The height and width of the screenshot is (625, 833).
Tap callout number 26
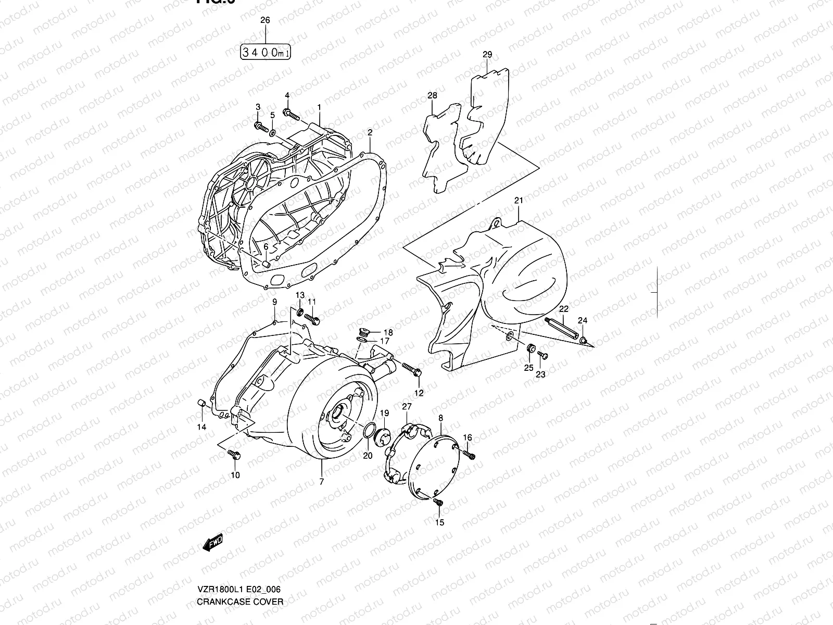(265, 21)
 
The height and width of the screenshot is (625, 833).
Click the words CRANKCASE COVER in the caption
(240, 602)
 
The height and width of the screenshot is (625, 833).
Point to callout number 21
(519, 201)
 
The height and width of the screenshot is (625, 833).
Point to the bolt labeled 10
(233, 455)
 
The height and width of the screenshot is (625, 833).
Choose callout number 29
(487, 54)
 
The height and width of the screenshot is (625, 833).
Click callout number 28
(433, 95)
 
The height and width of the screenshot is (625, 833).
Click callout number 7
(322, 482)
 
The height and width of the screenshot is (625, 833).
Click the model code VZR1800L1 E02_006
(239, 589)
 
